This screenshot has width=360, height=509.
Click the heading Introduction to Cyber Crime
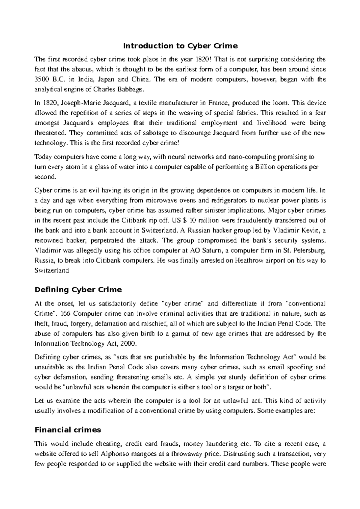click(180, 46)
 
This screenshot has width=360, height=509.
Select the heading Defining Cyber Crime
click(78, 290)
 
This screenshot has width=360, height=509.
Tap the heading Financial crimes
click(68, 430)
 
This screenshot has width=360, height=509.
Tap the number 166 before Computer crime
click(66, 314)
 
